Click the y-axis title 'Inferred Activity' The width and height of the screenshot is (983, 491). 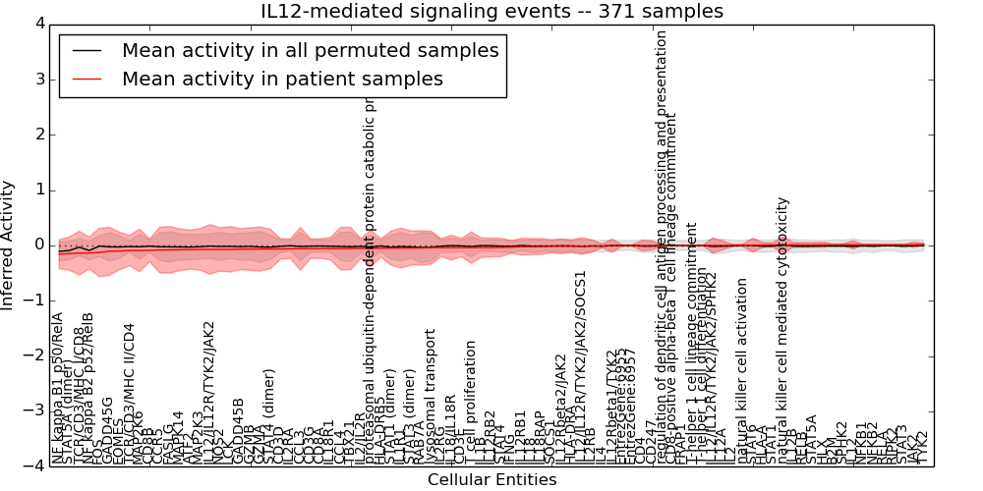point(9,245)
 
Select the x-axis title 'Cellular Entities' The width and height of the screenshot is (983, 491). point(491,480)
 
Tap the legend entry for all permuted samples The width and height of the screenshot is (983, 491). point(310,50)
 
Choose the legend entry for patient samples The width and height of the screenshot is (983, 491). point(282,79)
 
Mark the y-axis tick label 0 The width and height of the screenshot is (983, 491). point(38,245)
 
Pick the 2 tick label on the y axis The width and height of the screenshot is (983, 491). point(38,135)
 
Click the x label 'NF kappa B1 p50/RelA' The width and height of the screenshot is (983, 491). point(57,388)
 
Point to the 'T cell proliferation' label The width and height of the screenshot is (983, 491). point(471,403)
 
